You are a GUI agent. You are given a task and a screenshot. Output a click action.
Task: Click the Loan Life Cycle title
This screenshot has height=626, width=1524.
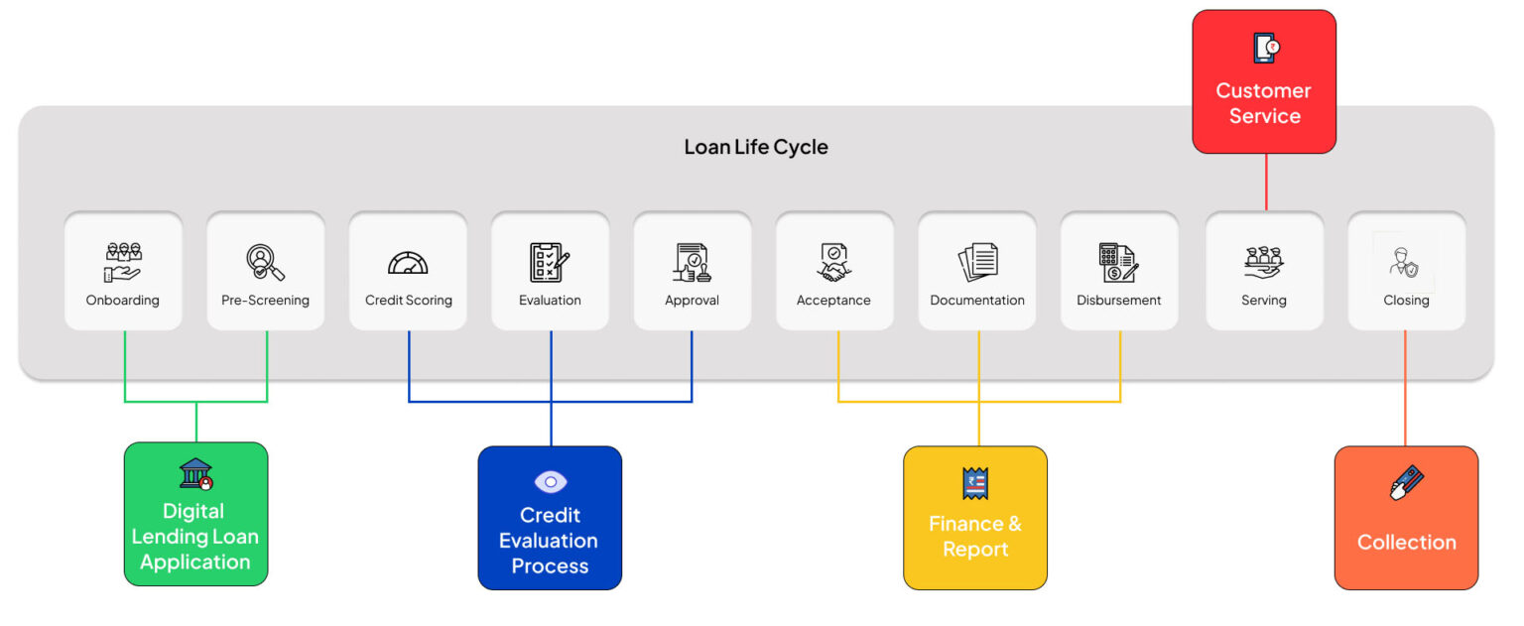755,148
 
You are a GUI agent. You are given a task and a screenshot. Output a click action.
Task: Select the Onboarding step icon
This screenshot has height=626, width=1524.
123,261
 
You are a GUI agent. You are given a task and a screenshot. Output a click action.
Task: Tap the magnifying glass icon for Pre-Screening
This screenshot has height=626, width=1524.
265,262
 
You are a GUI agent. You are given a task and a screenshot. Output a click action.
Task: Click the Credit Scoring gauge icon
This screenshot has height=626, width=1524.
408,263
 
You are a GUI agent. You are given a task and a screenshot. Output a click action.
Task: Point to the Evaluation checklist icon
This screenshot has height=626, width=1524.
550,262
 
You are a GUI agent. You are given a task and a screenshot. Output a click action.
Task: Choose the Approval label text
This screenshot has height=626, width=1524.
692,301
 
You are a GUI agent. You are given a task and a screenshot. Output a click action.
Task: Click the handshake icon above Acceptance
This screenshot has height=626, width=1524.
833,262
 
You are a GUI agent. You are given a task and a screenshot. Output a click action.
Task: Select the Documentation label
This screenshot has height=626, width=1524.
976,301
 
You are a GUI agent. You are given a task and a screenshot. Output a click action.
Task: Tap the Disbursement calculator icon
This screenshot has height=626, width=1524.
1118,262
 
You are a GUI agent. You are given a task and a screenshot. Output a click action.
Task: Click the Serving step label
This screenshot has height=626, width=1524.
1263,301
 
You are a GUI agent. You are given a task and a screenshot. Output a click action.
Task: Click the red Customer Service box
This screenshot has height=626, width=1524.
1264,82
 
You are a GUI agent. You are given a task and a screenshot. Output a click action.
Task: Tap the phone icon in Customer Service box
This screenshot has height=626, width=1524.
1265,48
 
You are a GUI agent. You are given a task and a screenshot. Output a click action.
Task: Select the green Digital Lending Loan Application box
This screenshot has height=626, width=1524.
195,514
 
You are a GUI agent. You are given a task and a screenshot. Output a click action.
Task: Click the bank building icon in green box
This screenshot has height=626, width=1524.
195,473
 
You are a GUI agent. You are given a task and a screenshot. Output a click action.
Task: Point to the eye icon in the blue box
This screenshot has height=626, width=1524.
550,482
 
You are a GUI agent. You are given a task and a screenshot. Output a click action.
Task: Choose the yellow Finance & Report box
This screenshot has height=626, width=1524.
974,518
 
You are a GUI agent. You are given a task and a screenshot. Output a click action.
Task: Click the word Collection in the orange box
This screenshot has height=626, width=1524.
1406,543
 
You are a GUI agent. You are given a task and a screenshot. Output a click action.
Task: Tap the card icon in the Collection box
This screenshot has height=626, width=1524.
1406,484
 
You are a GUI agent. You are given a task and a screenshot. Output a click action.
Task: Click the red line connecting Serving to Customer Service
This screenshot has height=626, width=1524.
1266,182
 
